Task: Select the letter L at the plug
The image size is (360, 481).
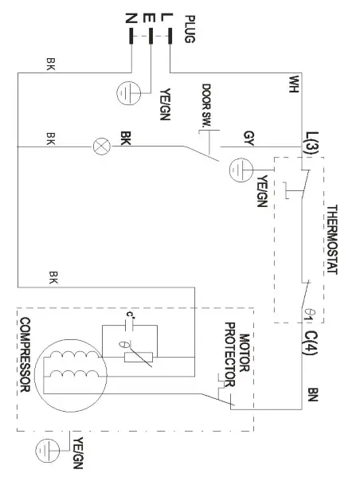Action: coord(166,15)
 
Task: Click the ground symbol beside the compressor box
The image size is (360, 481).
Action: coord(48,452)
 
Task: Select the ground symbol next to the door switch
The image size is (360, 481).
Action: coord(237,170)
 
